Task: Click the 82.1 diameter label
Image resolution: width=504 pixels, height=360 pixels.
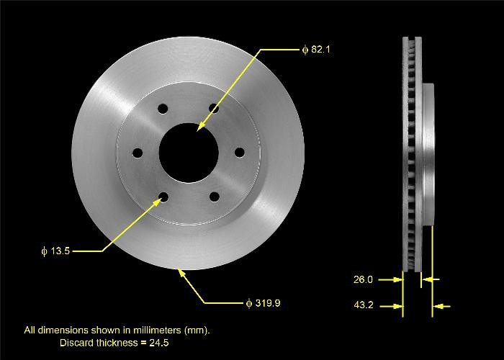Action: [320, 50]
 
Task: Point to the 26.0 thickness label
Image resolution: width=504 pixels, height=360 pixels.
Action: [364, 279]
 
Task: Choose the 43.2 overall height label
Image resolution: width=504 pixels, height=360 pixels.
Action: [364, 306]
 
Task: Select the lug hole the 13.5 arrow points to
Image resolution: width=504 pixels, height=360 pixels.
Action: [163, 197]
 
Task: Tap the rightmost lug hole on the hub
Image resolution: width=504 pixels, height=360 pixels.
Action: [239, 152]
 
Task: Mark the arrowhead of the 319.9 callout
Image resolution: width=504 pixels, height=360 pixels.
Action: [180, 271]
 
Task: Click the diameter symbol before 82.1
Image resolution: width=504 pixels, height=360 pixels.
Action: [305, 50]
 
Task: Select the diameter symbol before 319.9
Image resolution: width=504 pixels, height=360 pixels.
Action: [249, 303]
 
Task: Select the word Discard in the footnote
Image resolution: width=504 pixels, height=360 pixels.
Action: [76, 341]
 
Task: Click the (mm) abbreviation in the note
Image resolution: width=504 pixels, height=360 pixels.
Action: [197, 330]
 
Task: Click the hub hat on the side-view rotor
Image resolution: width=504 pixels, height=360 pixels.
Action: [429, 155]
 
